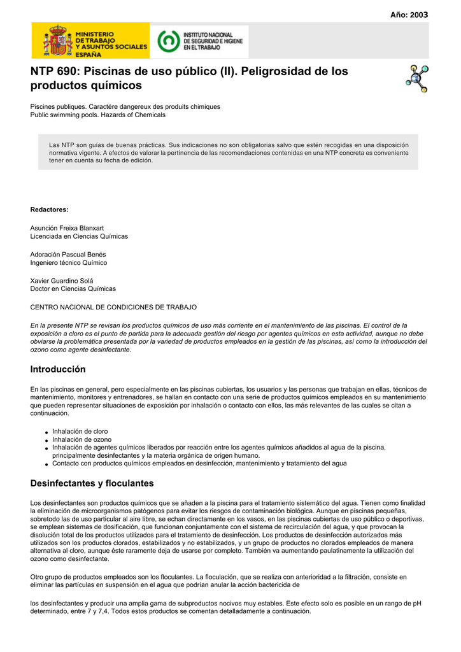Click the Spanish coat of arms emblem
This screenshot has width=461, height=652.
click(57, 41)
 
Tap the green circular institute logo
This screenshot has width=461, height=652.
click(168, 41)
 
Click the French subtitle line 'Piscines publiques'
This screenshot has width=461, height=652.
click(125, 106)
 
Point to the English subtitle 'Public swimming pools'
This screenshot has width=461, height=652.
click(97, 115)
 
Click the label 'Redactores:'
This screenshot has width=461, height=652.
click(50, 209)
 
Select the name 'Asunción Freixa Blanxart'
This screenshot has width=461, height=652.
click(67, 227)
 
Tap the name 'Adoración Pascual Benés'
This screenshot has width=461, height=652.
click(68, 254)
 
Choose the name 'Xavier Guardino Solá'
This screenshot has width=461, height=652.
click(62, 281)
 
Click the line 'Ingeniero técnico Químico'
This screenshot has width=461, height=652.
click(69, 262)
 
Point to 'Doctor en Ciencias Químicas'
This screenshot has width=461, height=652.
click(73, 288)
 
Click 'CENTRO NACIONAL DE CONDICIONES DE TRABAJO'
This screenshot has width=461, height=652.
click(105, 307)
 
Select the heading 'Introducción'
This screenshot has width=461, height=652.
click(58, 369)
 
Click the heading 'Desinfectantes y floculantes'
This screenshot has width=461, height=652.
click(92, 483)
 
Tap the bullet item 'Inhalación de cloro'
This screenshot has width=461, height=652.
click(80, 431)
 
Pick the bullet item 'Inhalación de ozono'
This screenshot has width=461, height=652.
click(82, 439)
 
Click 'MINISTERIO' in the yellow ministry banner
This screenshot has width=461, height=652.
click(95, 34)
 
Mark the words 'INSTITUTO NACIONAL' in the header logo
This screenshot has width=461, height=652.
click(208, 34)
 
